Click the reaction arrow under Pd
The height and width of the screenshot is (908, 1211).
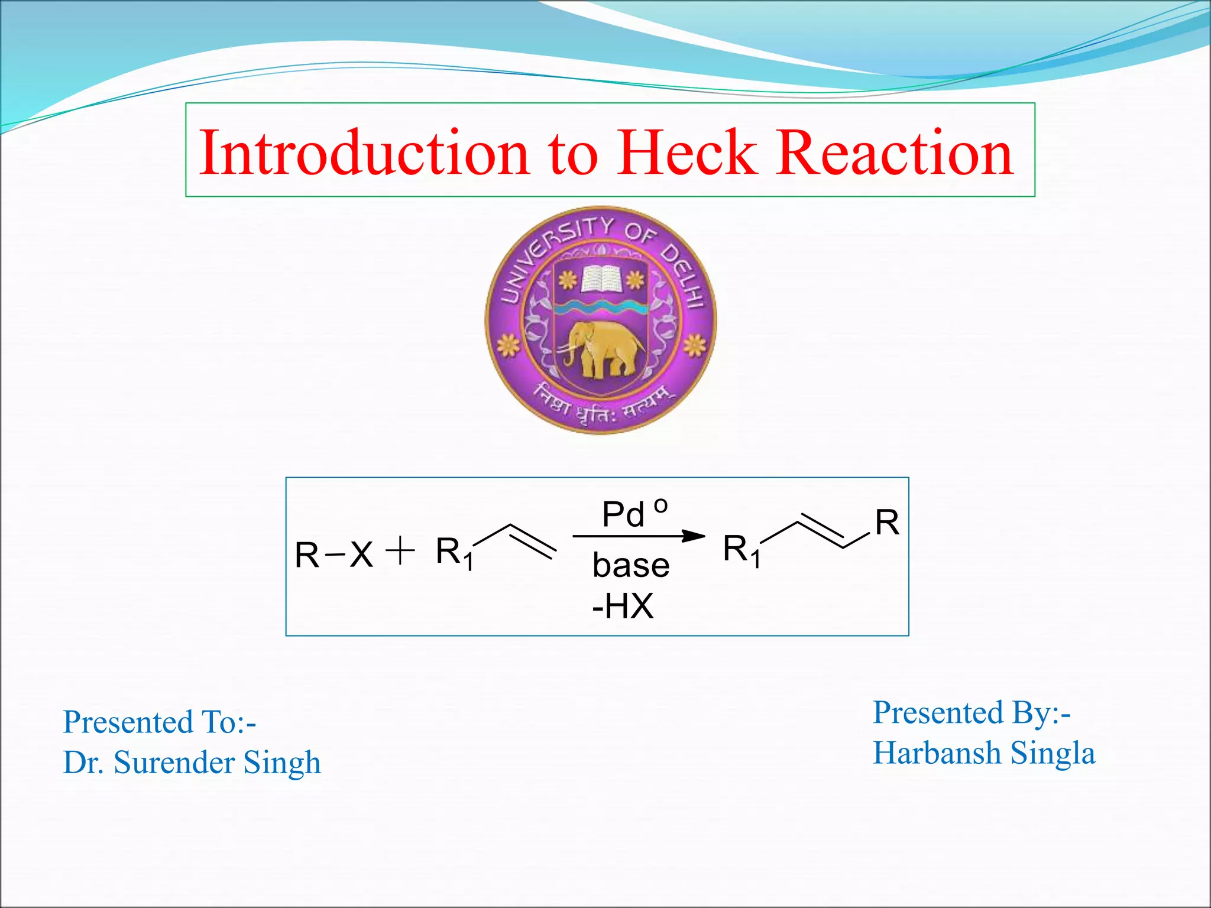(x=639, y=536)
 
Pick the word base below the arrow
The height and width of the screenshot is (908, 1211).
(x=631, y=565)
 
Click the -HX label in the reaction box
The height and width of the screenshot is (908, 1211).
(x=623, y=606)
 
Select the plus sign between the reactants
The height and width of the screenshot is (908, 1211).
(x=400, y=551)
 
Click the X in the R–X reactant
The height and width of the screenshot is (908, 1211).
(x=361, y=555)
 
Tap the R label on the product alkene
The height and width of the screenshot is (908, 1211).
(x=887, y=523)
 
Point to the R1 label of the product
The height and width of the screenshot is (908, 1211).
(x=742, y=550)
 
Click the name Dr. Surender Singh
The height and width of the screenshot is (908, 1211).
(x=192, y=762)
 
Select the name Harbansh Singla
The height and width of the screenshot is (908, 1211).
(x=984, y=753)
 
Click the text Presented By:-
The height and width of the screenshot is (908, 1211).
(x=972, y=712)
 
